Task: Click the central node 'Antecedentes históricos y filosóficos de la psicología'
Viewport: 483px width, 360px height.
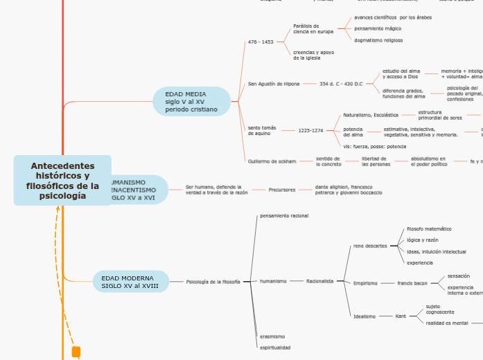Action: (x=62, y=181)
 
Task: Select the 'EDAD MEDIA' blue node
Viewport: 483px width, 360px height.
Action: (x=191, y=101)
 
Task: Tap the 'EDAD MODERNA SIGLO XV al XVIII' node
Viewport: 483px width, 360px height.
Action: (x=130, y=282)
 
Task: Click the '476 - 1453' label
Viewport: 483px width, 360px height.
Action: (x=261, y=42)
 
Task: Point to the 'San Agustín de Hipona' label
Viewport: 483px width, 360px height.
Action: (x=274, y=84)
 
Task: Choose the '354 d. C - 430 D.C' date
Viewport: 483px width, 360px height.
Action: (x=341, y=84)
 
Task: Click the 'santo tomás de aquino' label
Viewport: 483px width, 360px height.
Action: (x=262, y=130)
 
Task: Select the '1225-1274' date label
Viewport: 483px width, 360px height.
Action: (x=310, y=130)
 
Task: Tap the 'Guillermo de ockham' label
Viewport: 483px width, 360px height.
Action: (x=272, y=161)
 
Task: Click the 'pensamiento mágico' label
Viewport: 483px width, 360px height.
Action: (x=378, y=28)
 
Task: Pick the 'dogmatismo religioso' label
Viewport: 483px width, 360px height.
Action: (x=378, y=40)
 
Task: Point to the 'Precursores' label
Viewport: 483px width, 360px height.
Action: (x=282, y=189)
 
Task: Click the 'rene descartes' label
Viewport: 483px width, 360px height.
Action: (x=370, y=246)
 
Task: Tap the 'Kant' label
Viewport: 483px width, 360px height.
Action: (x=401, y=316)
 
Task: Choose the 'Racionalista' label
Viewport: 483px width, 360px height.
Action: (x=320, y=281)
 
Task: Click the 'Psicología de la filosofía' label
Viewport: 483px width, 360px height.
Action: (x=213, y=282)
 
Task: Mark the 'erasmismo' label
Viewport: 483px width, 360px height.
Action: (x=272, y=336)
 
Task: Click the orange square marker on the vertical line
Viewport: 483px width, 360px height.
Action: (x=76, y=351)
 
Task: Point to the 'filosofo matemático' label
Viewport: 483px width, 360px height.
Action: (x=429, y=228)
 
